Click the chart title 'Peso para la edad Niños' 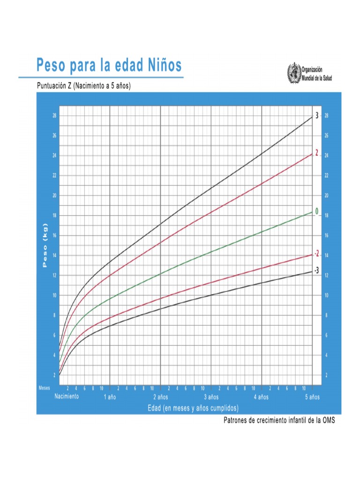click(109, 66)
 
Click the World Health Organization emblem click(293, 74)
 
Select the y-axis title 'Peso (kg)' click(45, 246)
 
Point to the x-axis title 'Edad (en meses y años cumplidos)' click(193, 408)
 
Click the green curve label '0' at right click(316, 212)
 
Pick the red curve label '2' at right click(317, 153)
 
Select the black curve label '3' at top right click(317, 116)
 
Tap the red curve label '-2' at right click(317, 254)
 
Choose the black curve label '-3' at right click(317, 270)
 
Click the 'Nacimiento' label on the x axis click(67, 396)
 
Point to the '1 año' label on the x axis click(110, 397)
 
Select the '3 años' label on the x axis click(211, 397)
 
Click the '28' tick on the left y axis click(54, 116)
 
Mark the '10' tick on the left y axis click(54, 295)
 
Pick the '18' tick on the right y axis click(327, 216)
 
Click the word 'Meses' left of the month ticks click(44, 388)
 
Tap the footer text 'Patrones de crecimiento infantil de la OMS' click(280, 420)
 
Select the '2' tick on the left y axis click(55, 375)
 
